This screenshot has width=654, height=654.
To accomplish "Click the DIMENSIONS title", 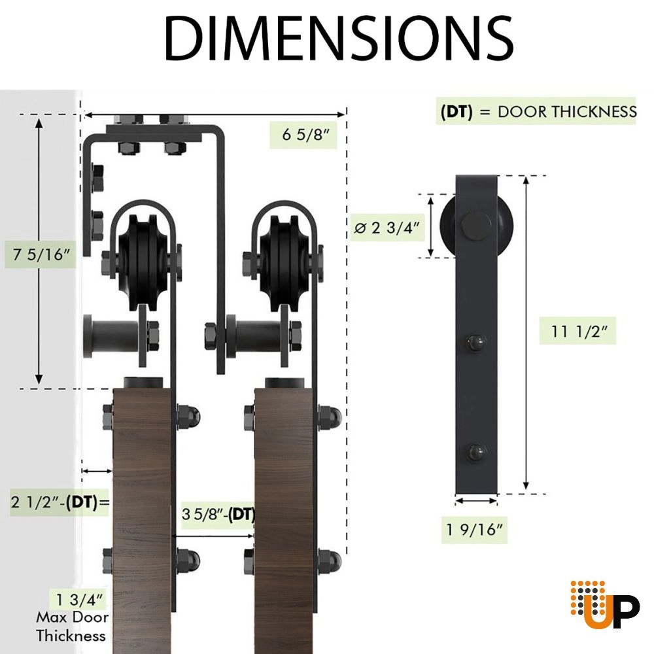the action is point(339,39).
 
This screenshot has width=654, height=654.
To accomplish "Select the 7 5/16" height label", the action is point(41,254).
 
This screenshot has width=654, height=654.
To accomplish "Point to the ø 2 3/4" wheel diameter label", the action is point(387,228).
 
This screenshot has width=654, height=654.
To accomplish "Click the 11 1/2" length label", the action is point(577,331).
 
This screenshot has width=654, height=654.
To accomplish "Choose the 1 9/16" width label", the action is point(475,529).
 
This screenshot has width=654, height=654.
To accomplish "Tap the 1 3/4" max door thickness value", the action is point(79,600).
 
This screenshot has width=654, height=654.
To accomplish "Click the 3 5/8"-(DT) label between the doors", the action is point(218,514).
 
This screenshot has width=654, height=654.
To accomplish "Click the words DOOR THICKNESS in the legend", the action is point(567,112).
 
